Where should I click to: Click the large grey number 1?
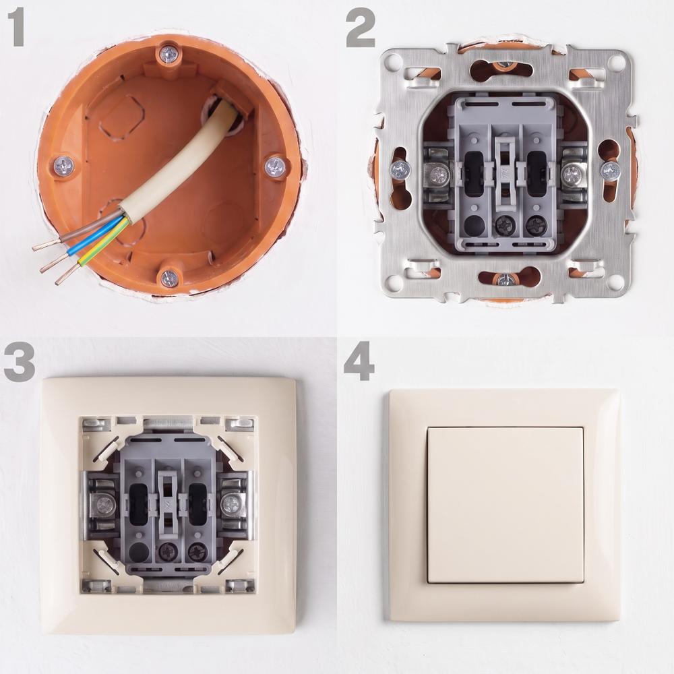point(17,28)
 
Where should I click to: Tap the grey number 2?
point(361,29)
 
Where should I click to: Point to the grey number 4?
point(359,364)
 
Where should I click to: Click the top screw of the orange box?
point(168,55)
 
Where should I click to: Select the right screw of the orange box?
point(275,166)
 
